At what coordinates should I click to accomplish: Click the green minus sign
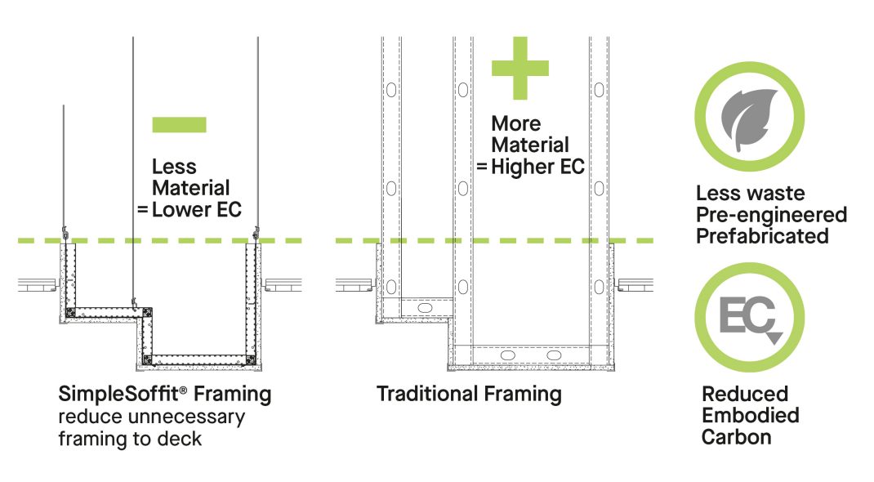pyautogui.click(x=179, y=124)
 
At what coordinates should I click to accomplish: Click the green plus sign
pyautogui.click(x=519, y=68)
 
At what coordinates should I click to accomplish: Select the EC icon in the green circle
pyautogui.click(x=748, y=317)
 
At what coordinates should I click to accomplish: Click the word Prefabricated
pyautogui.click(x=762, y=236)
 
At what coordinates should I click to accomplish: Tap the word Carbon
pyautogui.click(x=736, y=437)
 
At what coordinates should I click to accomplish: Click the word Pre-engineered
pyautogui.click(x=771, y=215)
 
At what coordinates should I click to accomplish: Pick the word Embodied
pyautogui.click(x=750, y=415)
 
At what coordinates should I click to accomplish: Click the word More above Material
pyautogui.click(x=515, y=124)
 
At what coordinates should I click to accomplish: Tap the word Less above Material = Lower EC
pyautogui.click(x=174, y=167)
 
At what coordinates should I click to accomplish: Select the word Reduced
pyautogui.click(x=744, y=394)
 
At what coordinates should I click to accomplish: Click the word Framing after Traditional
pyautogui.click(x=524, y=394)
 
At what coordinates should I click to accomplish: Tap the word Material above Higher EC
pyautogui.click(x=529, y=145)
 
